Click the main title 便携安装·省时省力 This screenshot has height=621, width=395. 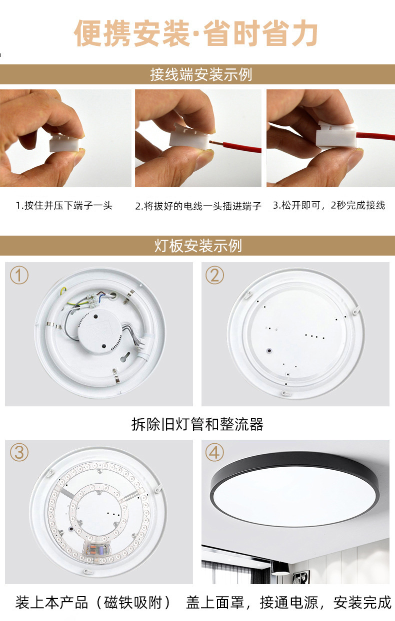tap(196, 33)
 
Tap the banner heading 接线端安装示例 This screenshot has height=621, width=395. tap(201, 74)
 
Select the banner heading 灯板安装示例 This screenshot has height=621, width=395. tap(198, 246)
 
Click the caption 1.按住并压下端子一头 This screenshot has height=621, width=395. tap(64, 206)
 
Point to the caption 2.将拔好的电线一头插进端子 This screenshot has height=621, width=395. tap(198, 206)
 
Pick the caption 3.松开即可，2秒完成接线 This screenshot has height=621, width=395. tap(329, 206)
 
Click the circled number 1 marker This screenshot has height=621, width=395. tap(19, 275)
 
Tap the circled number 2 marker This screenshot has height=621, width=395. tap(214, 275)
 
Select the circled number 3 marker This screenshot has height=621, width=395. tap(19, 452)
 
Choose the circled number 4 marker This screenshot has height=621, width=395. tap(214, 452)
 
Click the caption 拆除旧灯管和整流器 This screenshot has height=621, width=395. tap(197, 424)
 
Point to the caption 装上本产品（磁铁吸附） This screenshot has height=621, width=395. tap(93, 602)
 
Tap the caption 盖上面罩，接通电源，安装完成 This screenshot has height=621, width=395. tap(288, 602)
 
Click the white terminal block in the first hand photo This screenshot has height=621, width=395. tap(64, 143)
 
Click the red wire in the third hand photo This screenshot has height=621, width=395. tap(375, 136)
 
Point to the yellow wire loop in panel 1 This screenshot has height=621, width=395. tap(63, 292)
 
